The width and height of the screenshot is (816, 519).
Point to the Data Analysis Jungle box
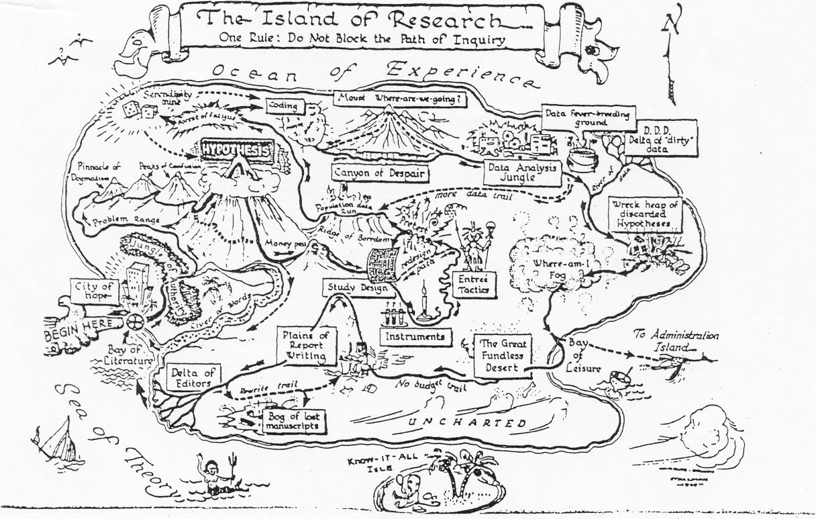point(521,172)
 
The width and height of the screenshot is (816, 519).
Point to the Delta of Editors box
point(182,377)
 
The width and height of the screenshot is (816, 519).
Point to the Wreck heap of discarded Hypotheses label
point(642,214)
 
